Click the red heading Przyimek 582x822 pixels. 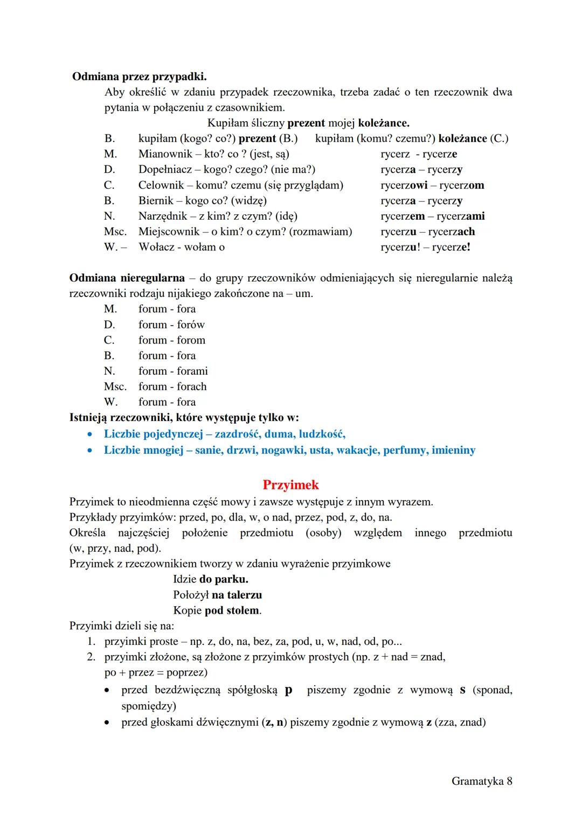pos(290,484)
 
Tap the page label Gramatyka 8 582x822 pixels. pos(481,781)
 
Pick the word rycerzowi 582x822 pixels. pos(404,185)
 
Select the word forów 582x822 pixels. pos(191,325)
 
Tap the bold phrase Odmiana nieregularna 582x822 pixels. pos(127,278)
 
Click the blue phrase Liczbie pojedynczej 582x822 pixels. pos(157,434)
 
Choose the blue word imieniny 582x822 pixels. pos(453,450)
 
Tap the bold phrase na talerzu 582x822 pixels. pos(237,595)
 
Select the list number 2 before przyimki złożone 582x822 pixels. pos(91,657)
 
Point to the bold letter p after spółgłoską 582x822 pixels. pos(288,690)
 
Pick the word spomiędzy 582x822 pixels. pos(149,706)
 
